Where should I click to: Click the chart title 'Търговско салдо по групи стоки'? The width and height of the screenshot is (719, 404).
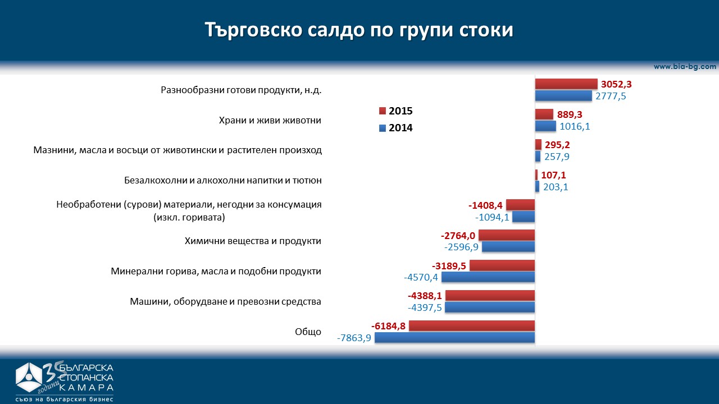[359, 30]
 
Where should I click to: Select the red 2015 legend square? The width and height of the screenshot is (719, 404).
[383, 111]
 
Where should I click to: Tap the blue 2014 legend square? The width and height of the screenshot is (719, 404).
[383, 128]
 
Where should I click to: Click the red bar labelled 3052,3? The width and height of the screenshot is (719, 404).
[566, 84]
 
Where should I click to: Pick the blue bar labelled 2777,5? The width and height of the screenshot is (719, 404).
[563, 96]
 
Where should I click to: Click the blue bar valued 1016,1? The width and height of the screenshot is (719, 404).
[545, 126]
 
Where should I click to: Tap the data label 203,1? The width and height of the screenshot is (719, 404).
[556, 187]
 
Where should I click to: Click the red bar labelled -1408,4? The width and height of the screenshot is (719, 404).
[520, 205]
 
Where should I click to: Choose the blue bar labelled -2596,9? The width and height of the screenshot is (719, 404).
[508, 247]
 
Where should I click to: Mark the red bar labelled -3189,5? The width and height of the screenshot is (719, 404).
[502, 265]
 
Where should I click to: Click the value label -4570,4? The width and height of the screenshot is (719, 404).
[422, 277]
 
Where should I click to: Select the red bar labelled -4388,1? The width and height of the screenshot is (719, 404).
[490, 296]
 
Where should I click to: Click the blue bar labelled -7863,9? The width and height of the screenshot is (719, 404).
[454, 338]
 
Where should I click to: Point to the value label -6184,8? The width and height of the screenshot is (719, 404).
[389, 326]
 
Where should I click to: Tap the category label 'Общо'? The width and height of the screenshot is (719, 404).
[308, 332]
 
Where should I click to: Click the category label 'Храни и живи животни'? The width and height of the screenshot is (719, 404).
[270, 121]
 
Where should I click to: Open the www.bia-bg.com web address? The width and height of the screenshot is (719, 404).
[685, 66]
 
